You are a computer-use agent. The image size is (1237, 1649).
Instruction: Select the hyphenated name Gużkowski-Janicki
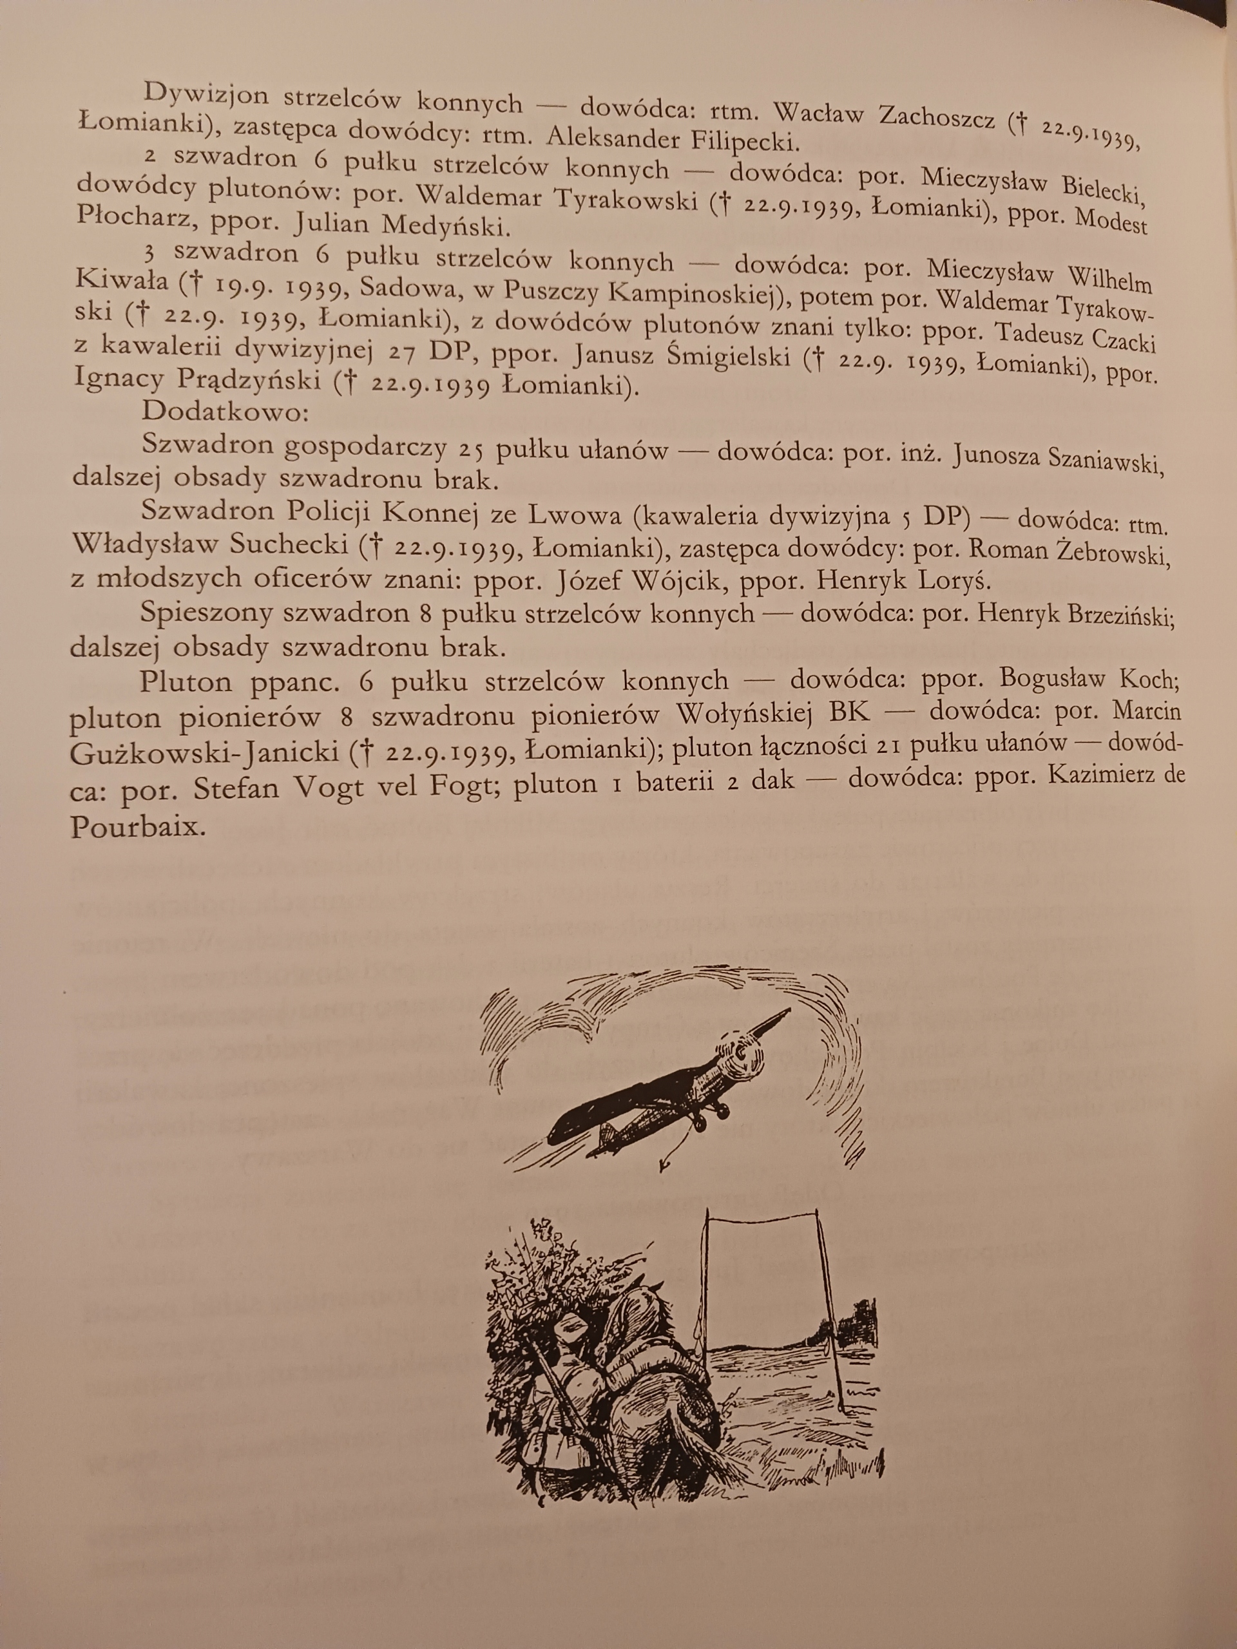205,754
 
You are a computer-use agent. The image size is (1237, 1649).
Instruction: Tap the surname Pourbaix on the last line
137,828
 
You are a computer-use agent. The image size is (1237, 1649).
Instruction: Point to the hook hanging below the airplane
663,1163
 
